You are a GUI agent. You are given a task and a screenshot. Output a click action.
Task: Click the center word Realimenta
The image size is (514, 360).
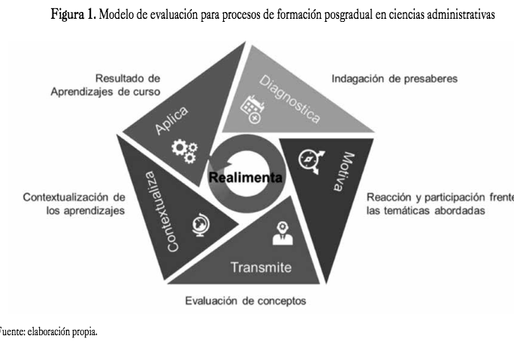[246, 178]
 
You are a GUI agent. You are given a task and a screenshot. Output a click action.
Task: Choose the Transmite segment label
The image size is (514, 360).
[261, 267]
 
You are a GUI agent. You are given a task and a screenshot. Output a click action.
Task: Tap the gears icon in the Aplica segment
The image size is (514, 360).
[184, 148]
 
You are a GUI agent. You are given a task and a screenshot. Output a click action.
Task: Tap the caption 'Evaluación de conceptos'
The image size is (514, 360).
[245, 301]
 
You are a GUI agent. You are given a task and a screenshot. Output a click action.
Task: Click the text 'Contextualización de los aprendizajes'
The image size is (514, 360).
[74, 204]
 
